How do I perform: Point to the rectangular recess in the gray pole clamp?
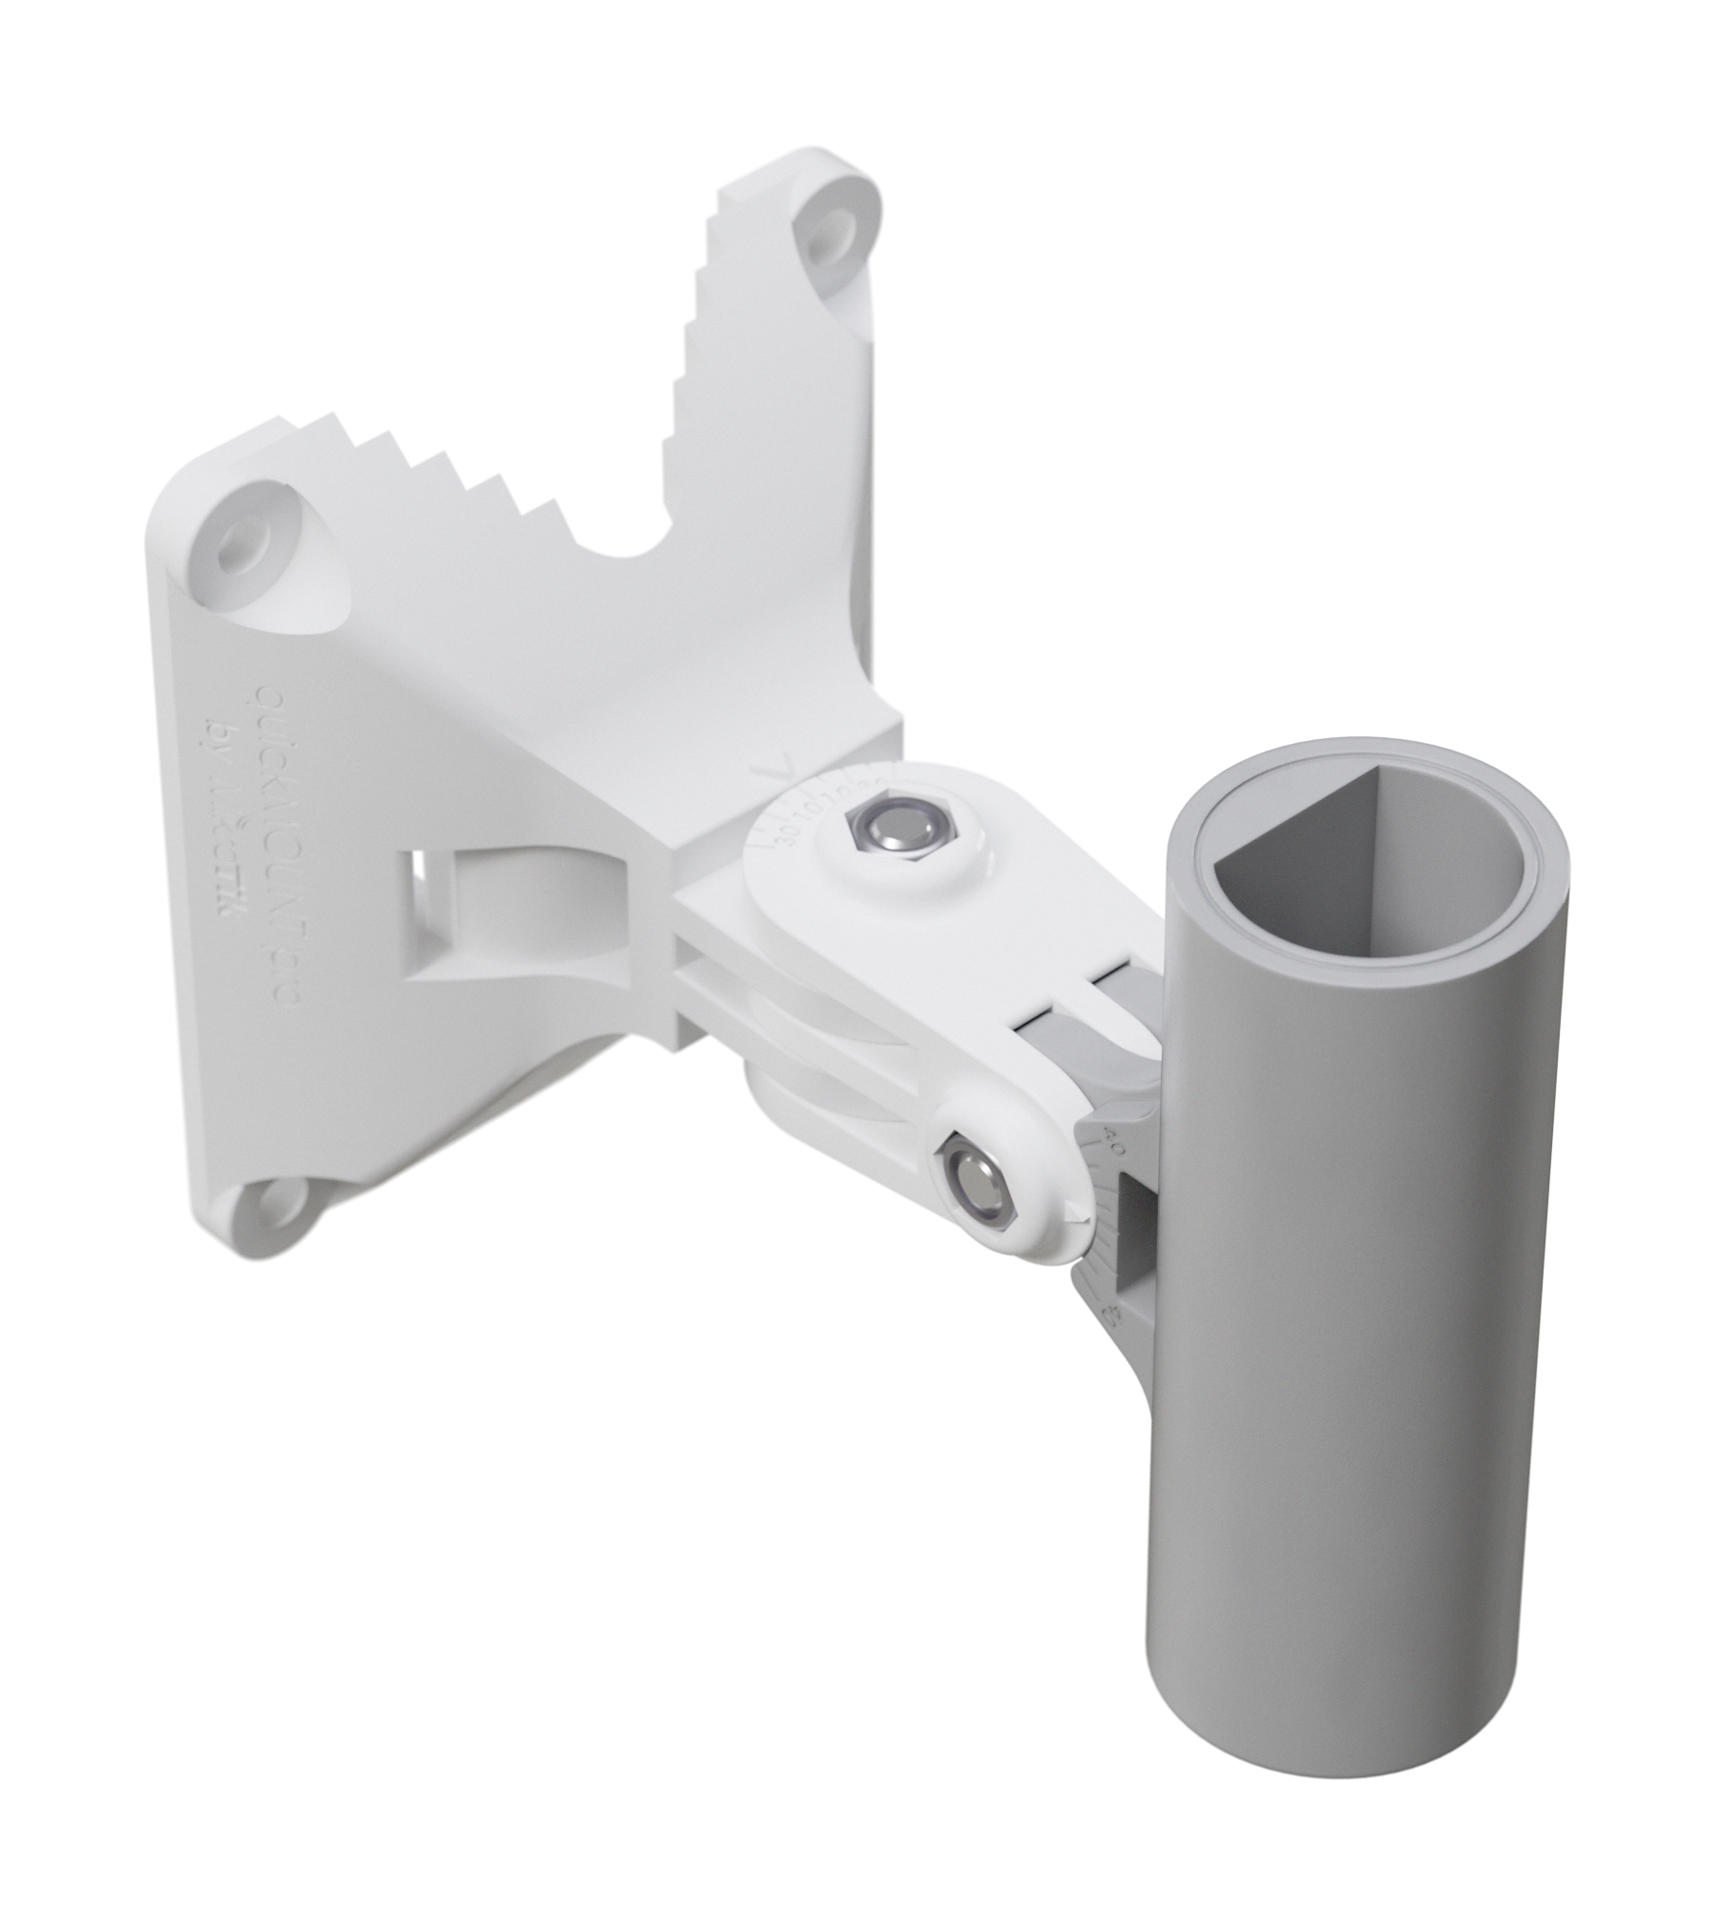pos(1136,1229)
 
